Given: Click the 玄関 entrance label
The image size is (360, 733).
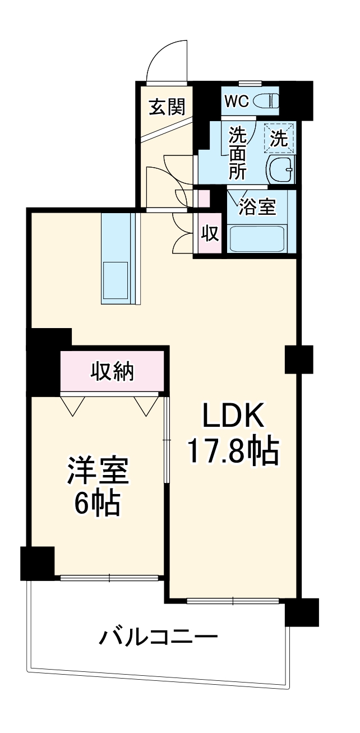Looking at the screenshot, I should [x=167, y=106].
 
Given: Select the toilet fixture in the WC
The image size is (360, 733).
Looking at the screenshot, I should [x=265, y=102].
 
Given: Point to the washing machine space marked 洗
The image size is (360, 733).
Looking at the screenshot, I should [x=279, y=137].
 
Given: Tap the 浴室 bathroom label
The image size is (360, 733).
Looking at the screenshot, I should [x=257, y=207].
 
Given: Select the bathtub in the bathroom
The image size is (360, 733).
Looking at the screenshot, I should [x=257, y=238].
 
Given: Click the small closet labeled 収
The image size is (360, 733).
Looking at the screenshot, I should [x=210, y=233].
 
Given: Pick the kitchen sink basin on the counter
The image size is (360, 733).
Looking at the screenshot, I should [x=116, y=279].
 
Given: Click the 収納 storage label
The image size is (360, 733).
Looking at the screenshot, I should [x=113, y=371].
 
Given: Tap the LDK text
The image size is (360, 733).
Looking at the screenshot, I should [x=233, y=418].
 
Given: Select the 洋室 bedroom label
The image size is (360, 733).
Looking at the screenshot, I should [x=98, y=471].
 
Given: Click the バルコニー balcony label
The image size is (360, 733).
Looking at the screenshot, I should [x=158, y=638].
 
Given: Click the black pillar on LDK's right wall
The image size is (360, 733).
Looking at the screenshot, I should [x=298, y=359].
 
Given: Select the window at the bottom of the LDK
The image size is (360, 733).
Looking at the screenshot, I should [x=233, y=601].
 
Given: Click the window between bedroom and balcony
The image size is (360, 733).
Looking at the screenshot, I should [x=109, y=577].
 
